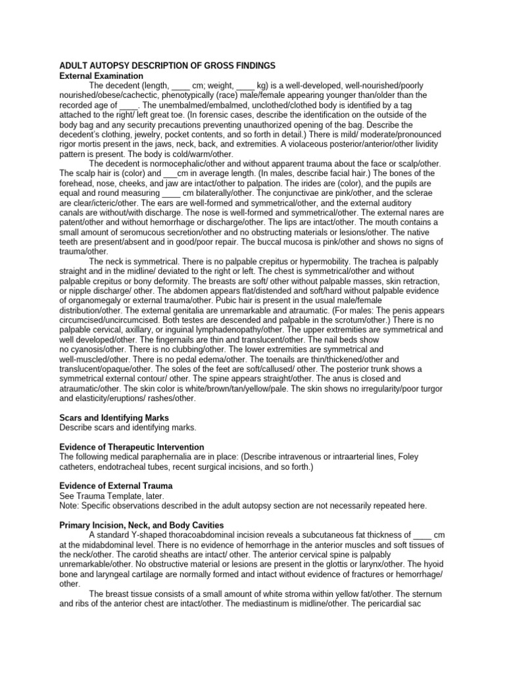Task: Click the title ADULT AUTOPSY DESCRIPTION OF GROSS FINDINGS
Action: click(167, 66)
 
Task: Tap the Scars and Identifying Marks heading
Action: click(114, 417)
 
